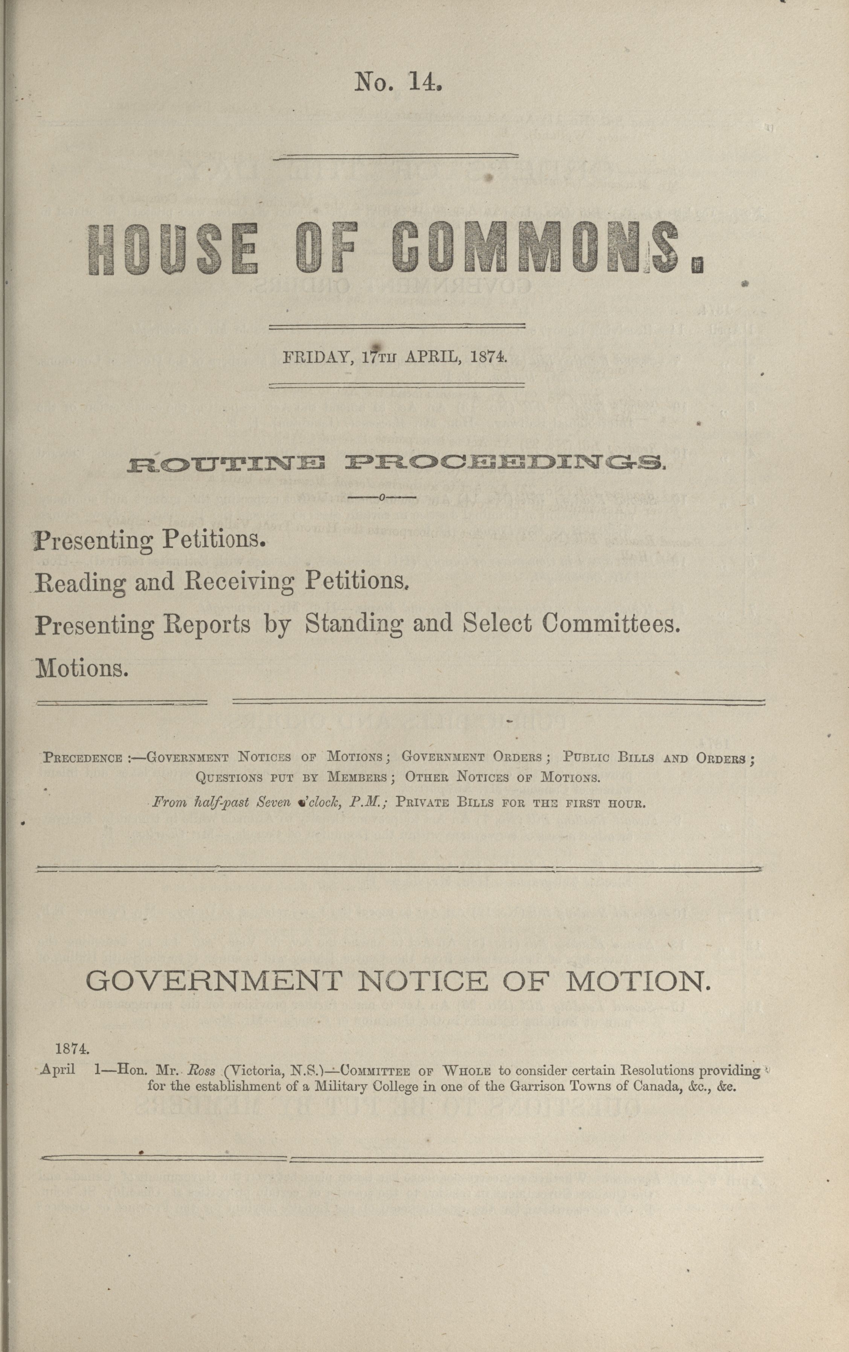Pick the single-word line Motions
pos(82,668)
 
